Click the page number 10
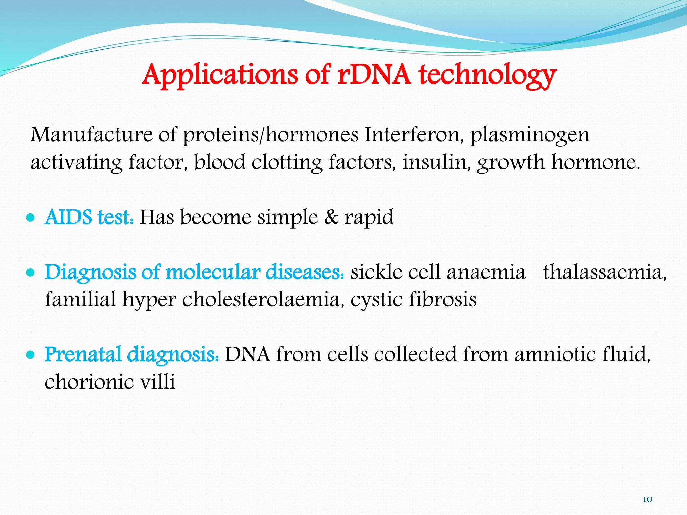[x=647, y=499]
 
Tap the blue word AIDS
[x=68, y=217]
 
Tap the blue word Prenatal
[x=83, y=354]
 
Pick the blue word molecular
[x=213, y=272]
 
